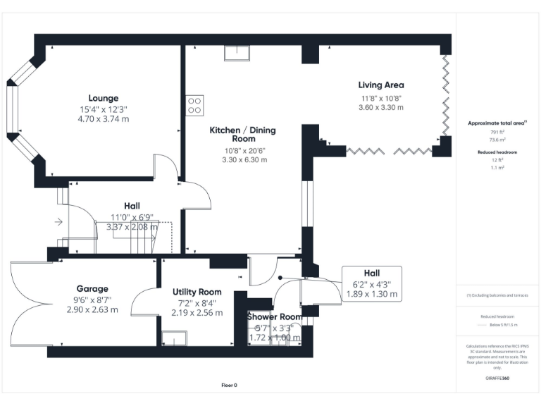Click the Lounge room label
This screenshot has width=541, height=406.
[x=103, y=98]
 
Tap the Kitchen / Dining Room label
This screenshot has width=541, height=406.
[x=243, y=135]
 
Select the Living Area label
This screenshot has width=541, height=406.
[x=381, y=85]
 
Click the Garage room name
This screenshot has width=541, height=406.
[x=92, y=289]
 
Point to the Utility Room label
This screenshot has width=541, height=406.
[x=197, y=292]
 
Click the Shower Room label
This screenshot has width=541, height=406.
[x=275, y=317]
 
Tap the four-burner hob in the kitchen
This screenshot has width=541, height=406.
[x=194, y=105]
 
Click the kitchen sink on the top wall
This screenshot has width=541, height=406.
[x=237, y=54]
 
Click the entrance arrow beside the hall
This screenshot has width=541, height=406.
[x=58, y=222]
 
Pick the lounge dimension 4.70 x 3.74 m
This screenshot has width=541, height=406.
[x=103, y=119]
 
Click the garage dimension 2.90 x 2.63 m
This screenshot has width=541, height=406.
[x=92, y=309]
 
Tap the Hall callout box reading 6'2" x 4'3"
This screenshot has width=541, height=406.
[x=371, y=284]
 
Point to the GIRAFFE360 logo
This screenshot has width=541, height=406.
[x=497, y=379]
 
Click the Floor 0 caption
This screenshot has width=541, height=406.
[x=230, y=385]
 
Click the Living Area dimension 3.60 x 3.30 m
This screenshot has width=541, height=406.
[x=381, y=107]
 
